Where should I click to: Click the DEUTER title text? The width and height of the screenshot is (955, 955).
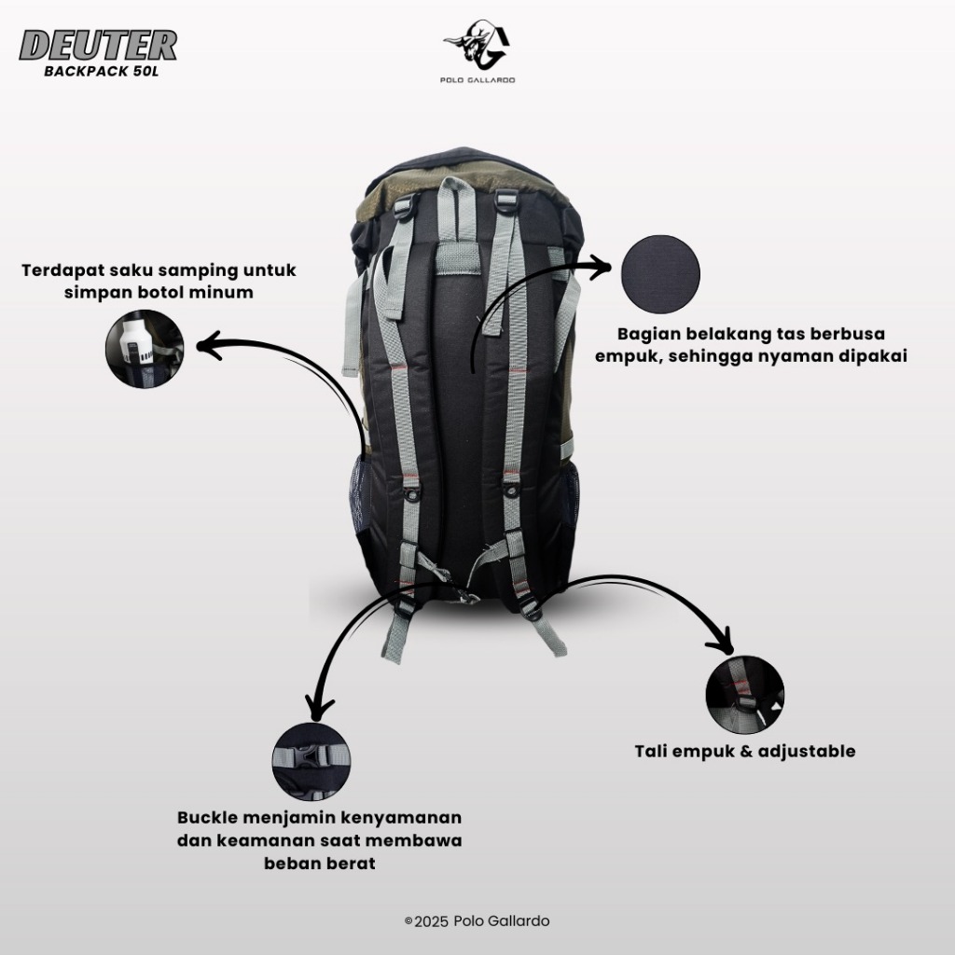(98, 45)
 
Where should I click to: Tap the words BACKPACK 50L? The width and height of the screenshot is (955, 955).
(101, 71)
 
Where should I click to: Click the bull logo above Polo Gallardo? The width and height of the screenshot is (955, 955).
(477, 45)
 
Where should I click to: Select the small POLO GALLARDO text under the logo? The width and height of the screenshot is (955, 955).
(477, 80)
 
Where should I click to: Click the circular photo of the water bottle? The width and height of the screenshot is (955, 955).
(145, 349)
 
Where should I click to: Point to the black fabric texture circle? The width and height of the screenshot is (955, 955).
(660, 274)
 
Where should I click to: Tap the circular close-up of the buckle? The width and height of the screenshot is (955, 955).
(311, 761)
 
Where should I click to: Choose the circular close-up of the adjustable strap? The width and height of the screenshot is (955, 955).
(745, 694)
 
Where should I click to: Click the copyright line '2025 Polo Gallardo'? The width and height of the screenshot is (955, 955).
(477, 920)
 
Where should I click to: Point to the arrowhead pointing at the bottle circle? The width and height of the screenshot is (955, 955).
(207, 346)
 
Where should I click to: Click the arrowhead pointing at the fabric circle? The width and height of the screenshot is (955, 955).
(603, 266)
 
